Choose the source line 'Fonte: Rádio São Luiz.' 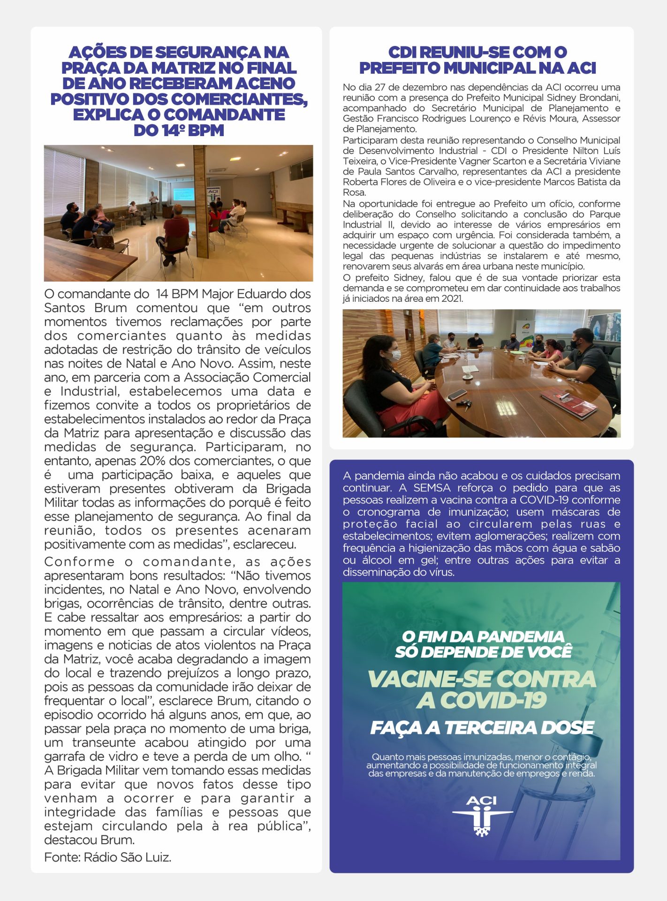pos(107,857)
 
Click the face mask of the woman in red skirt pos(395,355)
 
